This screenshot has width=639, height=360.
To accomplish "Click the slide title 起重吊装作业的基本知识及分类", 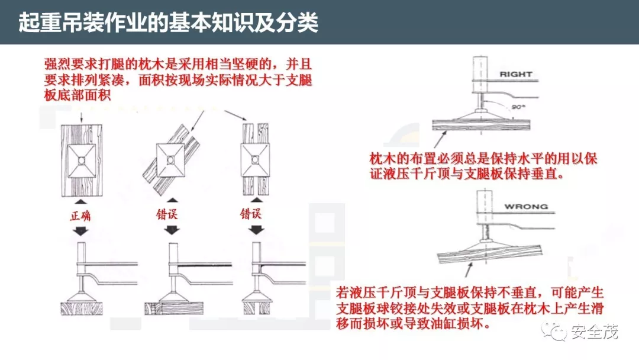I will point(168,22).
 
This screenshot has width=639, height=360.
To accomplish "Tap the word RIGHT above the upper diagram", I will point(516,74).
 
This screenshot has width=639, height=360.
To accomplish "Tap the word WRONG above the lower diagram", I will point(525,207).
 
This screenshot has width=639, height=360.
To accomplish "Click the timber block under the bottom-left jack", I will point(82,308).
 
